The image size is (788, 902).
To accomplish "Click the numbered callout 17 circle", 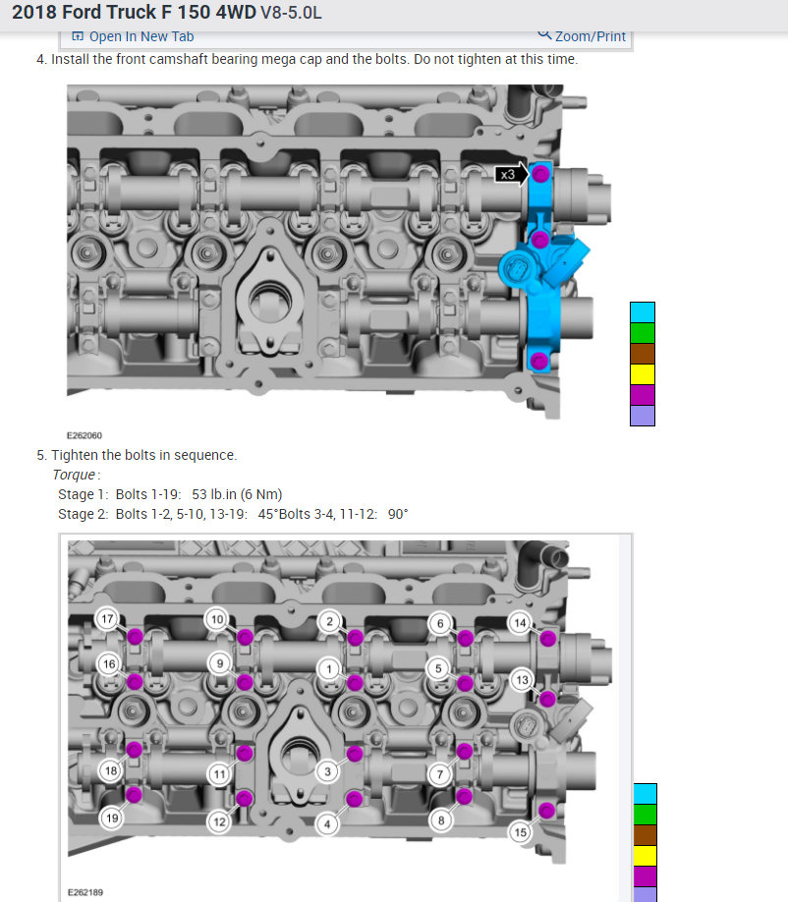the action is click(107, 619).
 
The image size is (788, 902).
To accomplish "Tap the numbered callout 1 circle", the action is click(329, 669).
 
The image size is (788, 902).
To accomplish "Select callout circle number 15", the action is click(521, 832).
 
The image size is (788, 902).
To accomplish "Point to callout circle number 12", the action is click(219, 821).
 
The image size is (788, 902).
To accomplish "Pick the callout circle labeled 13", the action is click(522, 680).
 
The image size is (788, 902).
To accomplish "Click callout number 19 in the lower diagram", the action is click(112, 818).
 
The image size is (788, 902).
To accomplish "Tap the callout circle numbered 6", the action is click(440, 624).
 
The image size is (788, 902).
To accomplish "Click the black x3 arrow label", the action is click(511, 174).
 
